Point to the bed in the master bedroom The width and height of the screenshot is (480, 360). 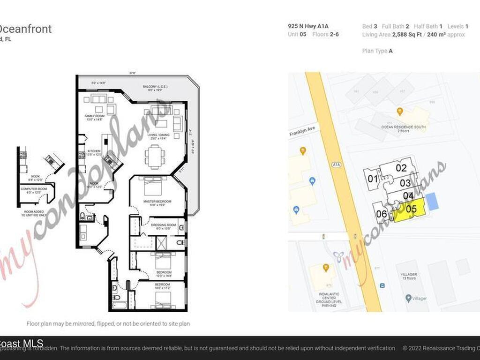153,187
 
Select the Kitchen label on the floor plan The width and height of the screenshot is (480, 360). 93,152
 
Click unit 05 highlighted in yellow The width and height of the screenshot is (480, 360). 411,210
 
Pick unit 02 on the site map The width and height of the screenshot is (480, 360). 400,168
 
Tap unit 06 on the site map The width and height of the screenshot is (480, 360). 381,214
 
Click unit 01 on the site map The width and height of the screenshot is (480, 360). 372,179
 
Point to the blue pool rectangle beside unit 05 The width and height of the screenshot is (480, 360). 434,201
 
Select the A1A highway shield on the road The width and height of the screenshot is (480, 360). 336,165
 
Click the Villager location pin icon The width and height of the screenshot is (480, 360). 409,298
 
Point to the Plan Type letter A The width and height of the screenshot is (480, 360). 390,51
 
